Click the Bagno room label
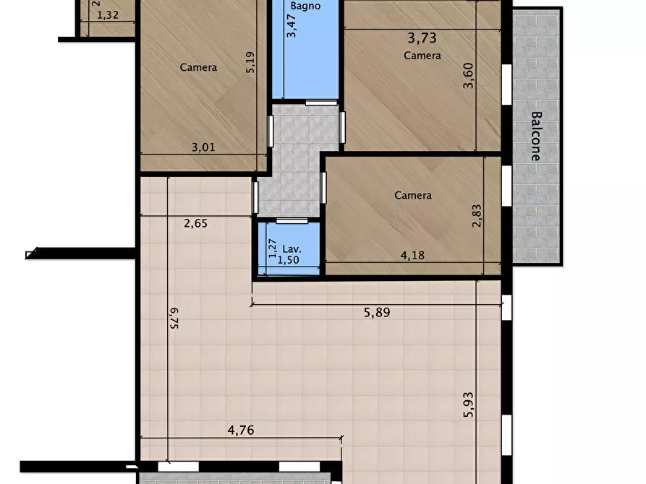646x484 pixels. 305,7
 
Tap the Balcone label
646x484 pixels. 535,137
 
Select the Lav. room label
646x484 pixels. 292,249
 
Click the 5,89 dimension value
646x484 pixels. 377,312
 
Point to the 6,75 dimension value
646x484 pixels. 174,318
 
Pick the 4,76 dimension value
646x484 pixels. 241,430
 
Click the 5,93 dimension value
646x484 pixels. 469,405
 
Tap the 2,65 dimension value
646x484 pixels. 196,223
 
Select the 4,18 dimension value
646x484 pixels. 412,255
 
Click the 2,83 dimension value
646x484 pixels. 477,216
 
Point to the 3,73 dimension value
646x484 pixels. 422,38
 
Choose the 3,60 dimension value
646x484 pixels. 469,75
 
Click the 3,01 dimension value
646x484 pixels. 203,147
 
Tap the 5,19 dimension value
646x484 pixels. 250,62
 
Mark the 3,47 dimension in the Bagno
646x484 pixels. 292,25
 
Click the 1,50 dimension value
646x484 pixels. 289,259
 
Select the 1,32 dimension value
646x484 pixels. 108,15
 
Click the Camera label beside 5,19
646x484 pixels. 198,67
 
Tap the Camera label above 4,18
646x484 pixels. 413,195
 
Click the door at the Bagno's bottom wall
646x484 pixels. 321,103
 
